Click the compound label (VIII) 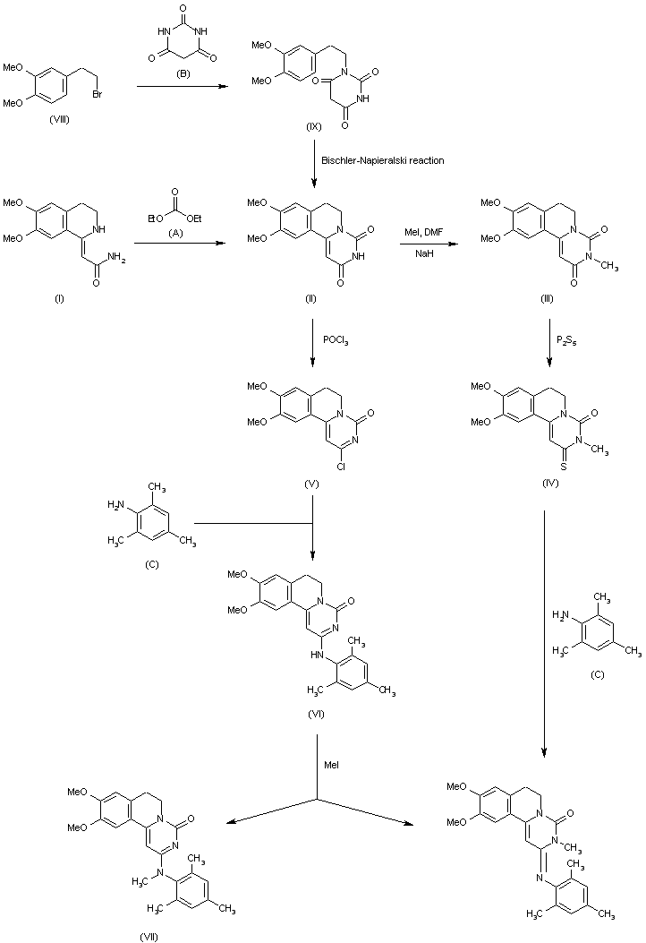[x=59, y=120]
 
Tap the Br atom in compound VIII [x=98, y=94]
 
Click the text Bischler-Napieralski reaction [x=383, y=160]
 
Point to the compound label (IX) [x=313, y=127]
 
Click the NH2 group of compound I [x=116, y=259]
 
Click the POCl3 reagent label [x=336, y=341]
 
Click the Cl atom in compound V [x=341, y=466]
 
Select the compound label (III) [x=547, y=299]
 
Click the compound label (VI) [x=316, y=714]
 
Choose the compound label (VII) [x=149, y=937]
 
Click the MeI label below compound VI [x=331, y=765]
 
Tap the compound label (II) [x=310, y=299]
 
